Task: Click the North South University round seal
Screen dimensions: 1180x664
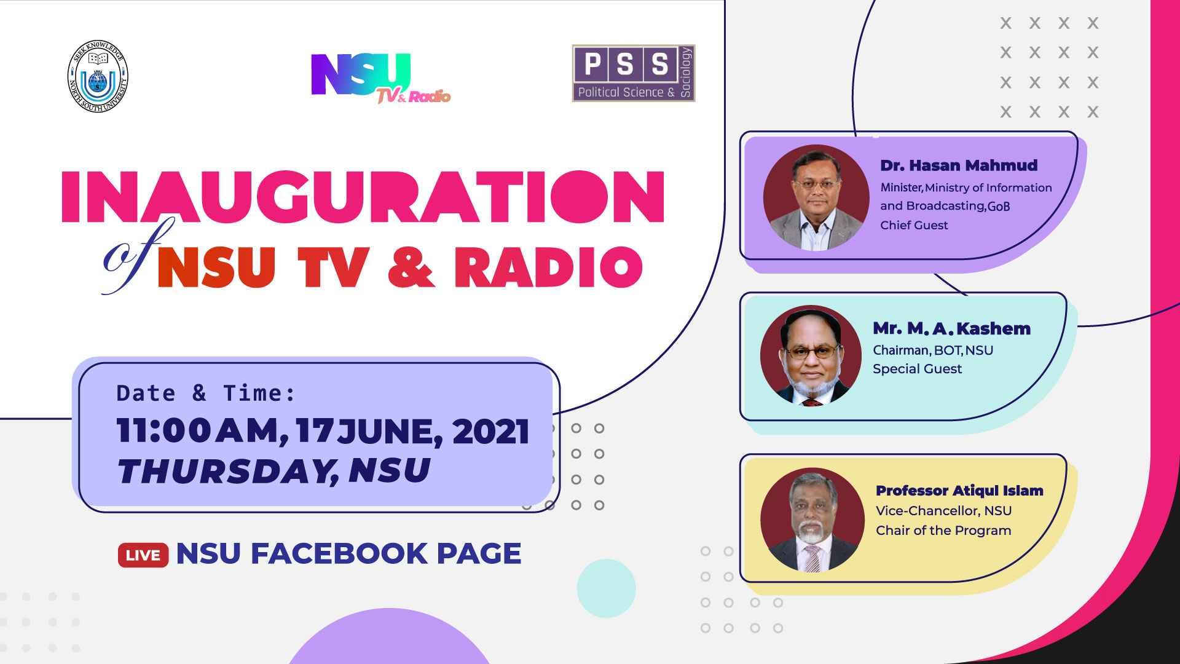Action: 98,77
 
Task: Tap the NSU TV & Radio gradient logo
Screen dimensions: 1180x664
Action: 380,78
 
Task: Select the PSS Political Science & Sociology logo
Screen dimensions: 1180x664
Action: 634,73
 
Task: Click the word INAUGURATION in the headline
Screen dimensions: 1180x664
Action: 363,197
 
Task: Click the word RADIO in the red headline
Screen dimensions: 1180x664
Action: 548,267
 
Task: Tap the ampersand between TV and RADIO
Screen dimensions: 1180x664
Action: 411,267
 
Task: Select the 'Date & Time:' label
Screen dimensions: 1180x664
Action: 206,393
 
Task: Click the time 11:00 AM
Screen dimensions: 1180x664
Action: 202,430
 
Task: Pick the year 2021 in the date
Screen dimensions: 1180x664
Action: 490,431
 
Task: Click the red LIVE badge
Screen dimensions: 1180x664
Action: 143,555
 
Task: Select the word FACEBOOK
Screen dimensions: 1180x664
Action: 339,553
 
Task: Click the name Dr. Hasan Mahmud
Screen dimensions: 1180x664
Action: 959,165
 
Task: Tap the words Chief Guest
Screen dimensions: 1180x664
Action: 914,225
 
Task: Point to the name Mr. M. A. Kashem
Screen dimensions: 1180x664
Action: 951,328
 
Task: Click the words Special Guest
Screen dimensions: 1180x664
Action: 917,369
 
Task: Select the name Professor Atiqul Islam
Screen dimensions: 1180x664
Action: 959,491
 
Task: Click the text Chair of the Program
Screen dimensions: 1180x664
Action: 943,530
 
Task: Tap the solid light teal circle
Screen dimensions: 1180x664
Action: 606,588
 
